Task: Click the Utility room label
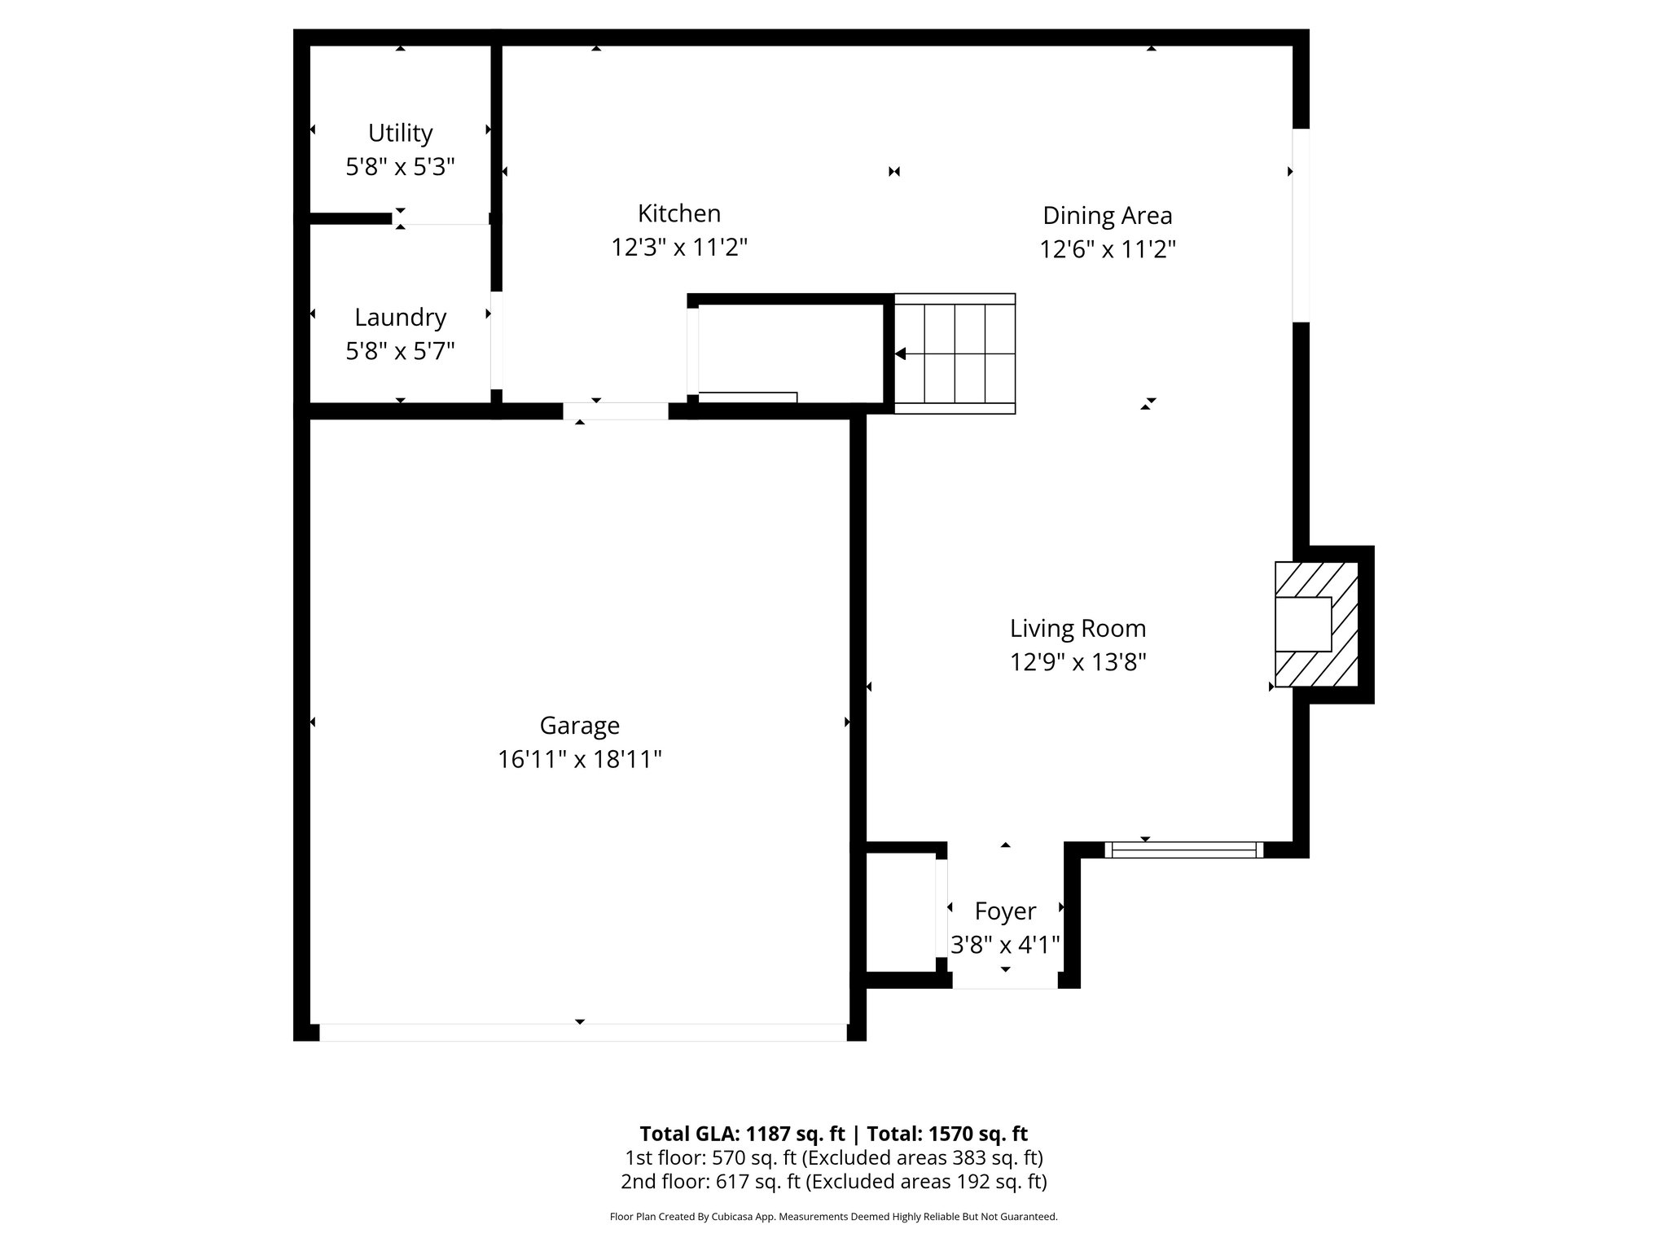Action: coord(400,133)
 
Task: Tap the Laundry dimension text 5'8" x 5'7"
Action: coord(400,351)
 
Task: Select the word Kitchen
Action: coord(679,213)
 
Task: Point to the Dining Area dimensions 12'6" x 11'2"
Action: coord(1107,249)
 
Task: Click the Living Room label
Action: coord(1078,628)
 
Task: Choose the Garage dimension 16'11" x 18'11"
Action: coord(579,759)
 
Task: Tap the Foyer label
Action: coord(1005,911)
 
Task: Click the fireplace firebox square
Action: coord(1303,624)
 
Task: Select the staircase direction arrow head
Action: coord(901,353)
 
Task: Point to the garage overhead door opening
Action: coord(582,1032)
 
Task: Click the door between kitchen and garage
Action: coord(616,411)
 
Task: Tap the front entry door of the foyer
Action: coord(1005,981)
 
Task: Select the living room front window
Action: coord(1183,849)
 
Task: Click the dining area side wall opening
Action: coord(1301,226)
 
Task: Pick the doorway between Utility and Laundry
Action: coord(441,218)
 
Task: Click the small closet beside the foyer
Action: coord(899,912)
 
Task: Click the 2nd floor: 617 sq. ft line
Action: coord(833,1181)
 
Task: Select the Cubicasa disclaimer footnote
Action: coord(833,1217)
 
